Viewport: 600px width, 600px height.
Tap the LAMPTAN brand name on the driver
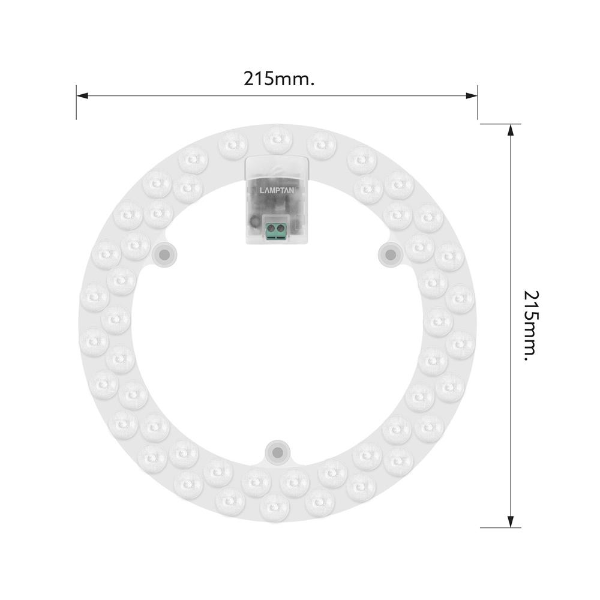[x=277, y=191]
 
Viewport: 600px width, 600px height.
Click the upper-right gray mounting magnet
[x=390, y=255]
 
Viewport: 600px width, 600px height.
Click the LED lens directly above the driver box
[x=277, y=140]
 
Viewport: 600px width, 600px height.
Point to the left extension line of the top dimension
[x=76, y=102]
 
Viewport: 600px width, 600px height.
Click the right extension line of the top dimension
[x=478, y=102]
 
